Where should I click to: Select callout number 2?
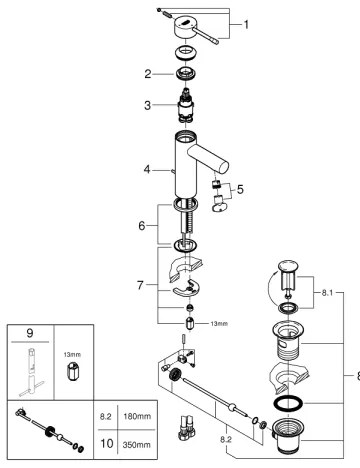[148, 73]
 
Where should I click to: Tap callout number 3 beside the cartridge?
[148, 104]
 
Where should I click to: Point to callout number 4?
[148, 170]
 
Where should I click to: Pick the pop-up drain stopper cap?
[287, 268]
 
